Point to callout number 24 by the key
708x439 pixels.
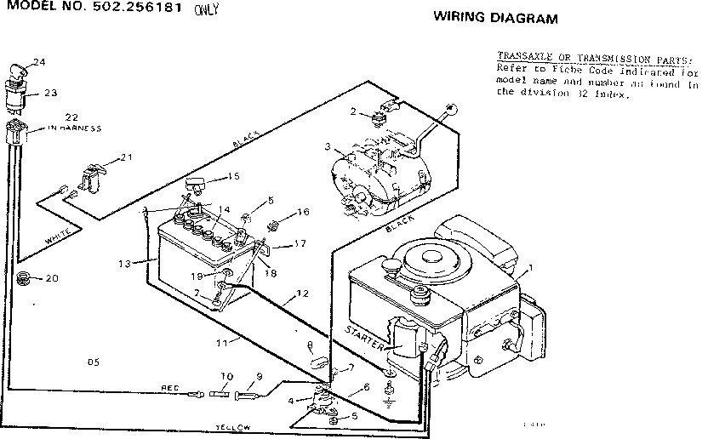38,61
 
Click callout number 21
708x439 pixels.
127,157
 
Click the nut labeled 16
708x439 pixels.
276,225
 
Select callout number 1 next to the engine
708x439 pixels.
532,269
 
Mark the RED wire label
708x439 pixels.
169,387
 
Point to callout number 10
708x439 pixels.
226,376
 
